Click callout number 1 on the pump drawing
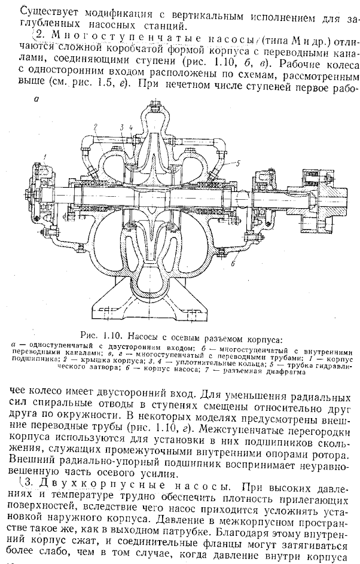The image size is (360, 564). coord(43,157)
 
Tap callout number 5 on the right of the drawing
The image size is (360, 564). coord(237,163)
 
